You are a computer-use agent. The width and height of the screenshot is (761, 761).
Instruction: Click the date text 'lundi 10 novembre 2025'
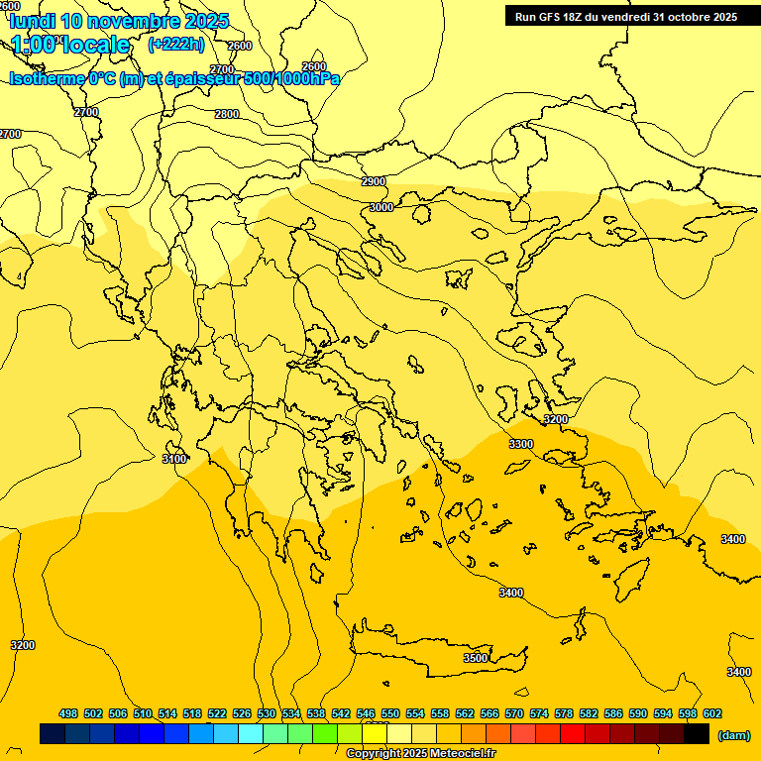119,21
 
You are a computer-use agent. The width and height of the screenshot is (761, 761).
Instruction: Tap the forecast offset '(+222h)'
175,44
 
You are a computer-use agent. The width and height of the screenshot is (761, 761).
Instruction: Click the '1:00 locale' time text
70,45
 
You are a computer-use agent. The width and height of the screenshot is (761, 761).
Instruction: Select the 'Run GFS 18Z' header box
625,16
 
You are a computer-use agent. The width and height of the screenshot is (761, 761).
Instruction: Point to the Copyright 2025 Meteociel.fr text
420,753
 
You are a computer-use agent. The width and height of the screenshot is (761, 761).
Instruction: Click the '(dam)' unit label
733,734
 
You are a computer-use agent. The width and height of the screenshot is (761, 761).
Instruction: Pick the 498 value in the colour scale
68,713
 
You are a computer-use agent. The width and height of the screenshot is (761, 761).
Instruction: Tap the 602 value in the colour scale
712,713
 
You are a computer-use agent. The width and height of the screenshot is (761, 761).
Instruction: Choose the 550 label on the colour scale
390,713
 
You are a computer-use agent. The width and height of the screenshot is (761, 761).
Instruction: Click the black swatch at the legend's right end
697,734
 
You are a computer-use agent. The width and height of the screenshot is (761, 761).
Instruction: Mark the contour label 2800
227,114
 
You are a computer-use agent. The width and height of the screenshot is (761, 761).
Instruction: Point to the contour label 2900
374,181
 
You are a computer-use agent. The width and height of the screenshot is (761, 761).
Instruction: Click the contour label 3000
380,207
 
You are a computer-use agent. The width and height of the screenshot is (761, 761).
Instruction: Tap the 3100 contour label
174,459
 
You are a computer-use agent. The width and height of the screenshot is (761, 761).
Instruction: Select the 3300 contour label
521,444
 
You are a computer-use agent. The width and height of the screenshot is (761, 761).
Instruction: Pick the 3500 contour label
476,658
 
